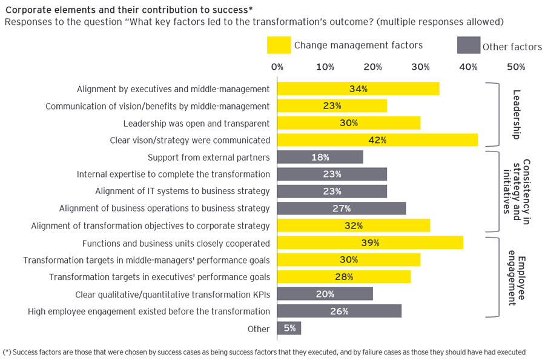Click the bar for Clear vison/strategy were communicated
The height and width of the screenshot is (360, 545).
377,140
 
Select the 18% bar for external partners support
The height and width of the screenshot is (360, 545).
320,157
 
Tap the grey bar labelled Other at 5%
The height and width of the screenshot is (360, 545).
289,328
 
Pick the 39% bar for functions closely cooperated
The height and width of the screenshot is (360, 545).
369,243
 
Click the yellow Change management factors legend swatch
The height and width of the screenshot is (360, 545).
278,45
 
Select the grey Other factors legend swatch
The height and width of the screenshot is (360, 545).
467,45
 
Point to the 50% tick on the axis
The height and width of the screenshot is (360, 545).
516,67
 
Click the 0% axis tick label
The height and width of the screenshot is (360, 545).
277,67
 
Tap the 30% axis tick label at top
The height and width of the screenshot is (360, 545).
420,67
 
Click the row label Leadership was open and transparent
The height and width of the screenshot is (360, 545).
196,123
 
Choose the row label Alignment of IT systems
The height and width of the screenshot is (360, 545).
182,191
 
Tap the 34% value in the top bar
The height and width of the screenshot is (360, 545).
358,89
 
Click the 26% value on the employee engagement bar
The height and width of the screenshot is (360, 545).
339,311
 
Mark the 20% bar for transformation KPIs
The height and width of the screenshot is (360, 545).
325,294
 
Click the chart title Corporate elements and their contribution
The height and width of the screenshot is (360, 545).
129,9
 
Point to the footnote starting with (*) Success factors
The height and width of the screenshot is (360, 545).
264,352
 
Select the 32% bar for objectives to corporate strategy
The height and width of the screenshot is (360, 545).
353,225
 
